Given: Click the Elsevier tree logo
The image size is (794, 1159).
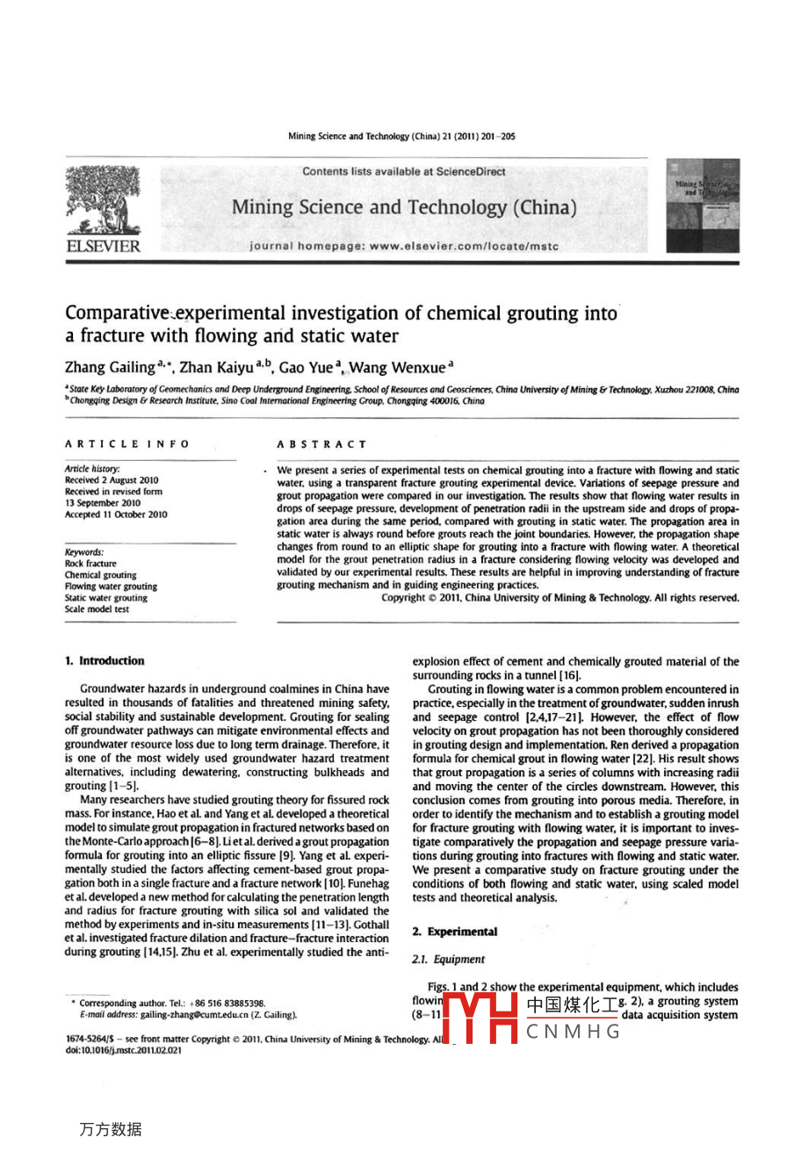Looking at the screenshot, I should pos(102,200).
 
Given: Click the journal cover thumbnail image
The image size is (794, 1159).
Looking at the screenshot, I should pos(702,205).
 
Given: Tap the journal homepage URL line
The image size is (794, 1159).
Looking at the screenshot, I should pos(404,247).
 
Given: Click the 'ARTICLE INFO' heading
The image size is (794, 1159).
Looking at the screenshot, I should pos(126,444).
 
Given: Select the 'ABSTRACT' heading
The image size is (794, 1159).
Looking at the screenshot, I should pos(321,444).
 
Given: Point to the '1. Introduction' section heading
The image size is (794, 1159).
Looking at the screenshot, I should pos(105,661).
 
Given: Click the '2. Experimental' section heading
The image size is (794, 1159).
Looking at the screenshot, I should pos(454,932).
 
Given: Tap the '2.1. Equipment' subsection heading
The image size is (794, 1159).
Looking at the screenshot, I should pos(448,960).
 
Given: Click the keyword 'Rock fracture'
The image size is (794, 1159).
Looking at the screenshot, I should pos(90,564).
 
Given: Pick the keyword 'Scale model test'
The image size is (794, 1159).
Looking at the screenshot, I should pos(97,609).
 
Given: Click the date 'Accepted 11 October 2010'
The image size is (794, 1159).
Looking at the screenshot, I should pos(115,515).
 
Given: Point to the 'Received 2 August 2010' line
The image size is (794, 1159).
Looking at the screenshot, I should pos(112,480).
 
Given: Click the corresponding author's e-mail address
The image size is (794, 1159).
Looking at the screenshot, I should pos(188,1015).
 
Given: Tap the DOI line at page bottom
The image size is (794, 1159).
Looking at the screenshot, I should pos(124,1050).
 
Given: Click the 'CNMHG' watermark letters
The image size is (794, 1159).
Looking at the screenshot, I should pos(574,1032).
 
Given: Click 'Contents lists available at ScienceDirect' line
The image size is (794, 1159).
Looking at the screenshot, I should pos(404,172).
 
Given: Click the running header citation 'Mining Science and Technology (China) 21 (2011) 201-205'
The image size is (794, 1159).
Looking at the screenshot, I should pos(401,137).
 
